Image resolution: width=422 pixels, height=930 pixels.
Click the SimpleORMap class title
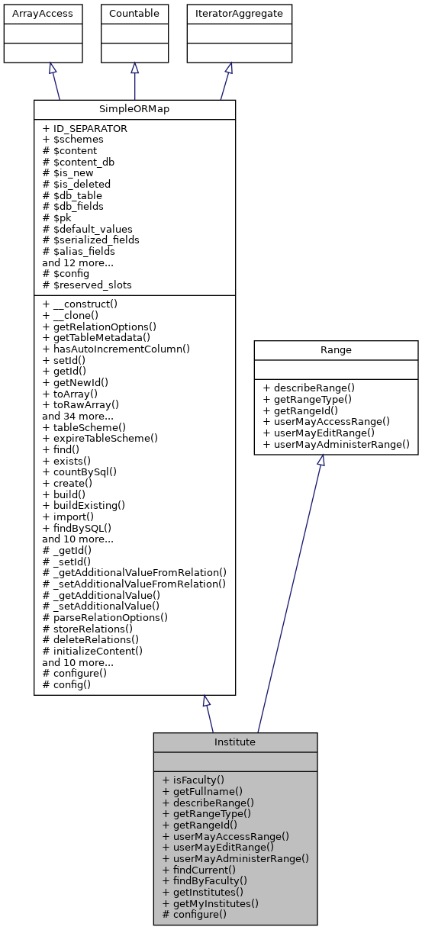pyautogui.click(x=134, y=109)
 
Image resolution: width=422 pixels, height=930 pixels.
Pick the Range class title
pyautogui.click(x=336, y=350)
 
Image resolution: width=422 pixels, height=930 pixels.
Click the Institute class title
pyautogui.click(x=235, y=742)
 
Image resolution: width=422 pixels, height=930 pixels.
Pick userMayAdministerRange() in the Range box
pyautogui.click(x=336, y=444)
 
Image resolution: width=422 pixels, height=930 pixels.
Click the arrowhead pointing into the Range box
pyautogui.click(x=320, y=461)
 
